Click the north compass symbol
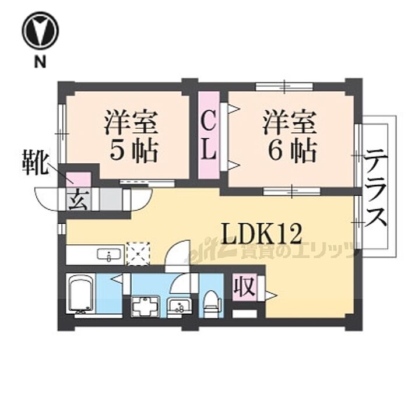coord(40,32)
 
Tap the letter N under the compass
coord(40,63)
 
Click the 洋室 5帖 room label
coord(132,138)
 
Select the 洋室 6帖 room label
coord(290,138)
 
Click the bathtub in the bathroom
coord(80,295)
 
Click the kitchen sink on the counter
coord(108,254)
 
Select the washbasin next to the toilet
coord(178,305)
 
